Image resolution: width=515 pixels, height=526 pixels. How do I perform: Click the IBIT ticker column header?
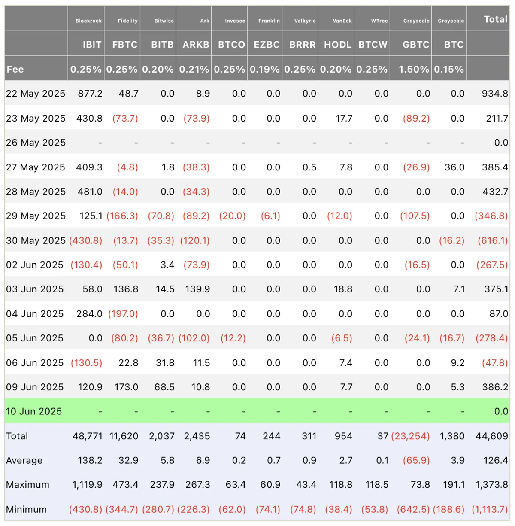[92, 45]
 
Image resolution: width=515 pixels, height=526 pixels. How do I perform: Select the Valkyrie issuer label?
[305, 21]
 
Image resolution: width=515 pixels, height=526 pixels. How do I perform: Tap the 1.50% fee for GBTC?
[414, 69]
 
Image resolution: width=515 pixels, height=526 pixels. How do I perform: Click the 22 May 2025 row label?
[36, 94]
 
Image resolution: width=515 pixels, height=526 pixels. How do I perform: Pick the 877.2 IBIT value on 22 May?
[90, 94]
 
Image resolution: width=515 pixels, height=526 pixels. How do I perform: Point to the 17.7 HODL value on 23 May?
[344, 118]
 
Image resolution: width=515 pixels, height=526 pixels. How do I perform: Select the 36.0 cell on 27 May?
[454, 167]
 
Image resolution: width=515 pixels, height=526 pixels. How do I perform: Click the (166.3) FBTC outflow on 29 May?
[122, 216]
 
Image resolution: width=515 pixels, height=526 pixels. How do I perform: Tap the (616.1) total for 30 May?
[493, 240]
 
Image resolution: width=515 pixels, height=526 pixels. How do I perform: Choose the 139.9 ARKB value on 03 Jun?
[197, 289]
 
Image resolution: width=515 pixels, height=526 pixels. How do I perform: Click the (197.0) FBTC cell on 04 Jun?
[123, 313]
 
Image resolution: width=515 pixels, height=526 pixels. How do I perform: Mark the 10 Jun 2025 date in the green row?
[34, 411]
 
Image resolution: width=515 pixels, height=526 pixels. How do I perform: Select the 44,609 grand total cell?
[492, 436]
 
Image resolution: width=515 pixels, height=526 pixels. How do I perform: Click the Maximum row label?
[27, 485]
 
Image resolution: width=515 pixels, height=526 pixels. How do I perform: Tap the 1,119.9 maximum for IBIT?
[87, 485]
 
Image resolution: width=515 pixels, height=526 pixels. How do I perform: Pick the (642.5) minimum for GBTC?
[413, 509]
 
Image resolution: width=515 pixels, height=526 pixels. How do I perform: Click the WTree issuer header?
[379, 21]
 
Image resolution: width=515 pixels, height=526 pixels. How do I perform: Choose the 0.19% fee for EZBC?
[264, 69]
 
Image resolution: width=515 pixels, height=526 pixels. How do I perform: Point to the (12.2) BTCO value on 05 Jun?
[233, 338]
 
